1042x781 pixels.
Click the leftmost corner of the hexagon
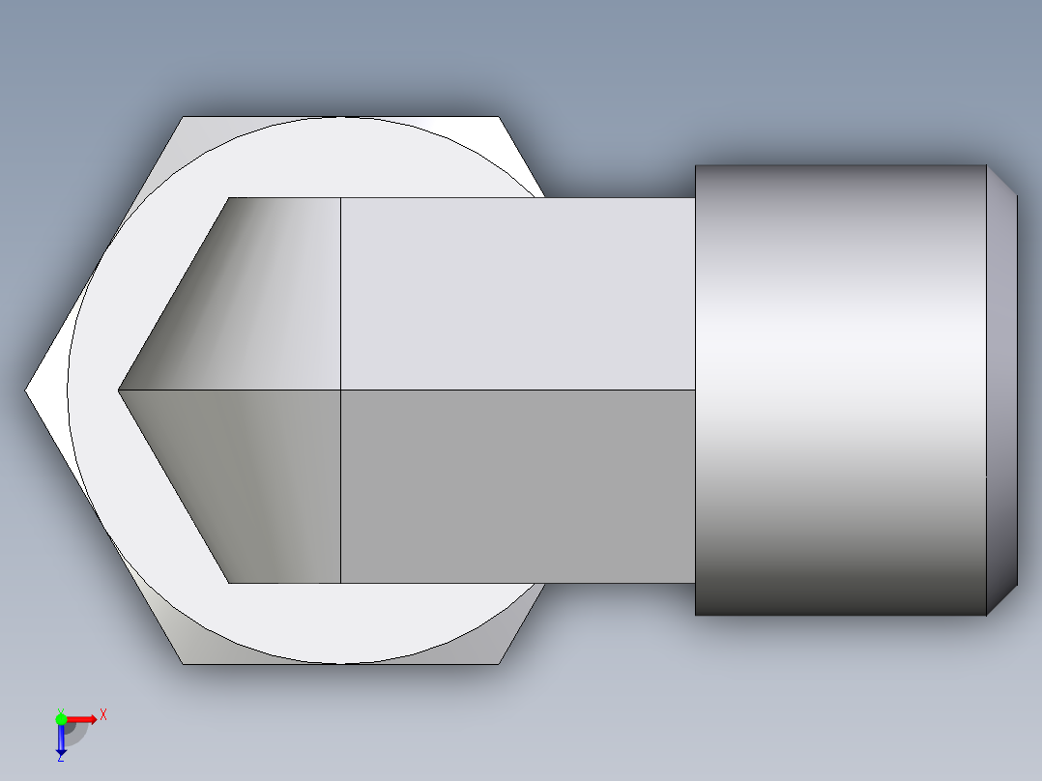coord(26,390)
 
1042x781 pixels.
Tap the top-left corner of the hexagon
coord(183,118)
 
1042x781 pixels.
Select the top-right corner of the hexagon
coord(501,118)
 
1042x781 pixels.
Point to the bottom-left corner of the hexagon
coord(183,663)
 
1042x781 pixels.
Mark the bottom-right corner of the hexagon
coord(501,663)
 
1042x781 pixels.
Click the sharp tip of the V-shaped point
coord(119,390)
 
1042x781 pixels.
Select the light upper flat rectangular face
coord(517,294)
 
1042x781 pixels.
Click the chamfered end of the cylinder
coord(1001,390)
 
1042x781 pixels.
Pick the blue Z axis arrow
coord(61,738)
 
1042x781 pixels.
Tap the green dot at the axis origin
coord(61,718)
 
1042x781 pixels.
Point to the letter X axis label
coord(103,714)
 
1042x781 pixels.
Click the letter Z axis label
coord(60,759)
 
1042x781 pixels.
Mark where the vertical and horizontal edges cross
coord(341,390)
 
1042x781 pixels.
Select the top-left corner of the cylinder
coord(696,166)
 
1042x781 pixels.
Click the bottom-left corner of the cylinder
coord(696,614)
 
